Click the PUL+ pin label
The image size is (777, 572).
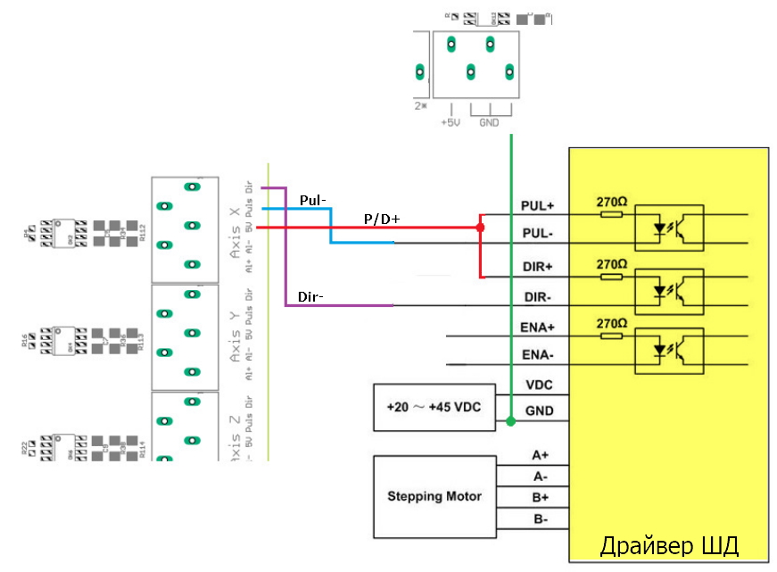pyautogui.click(x=537, y=206)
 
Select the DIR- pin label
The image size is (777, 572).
pyautogui.click(x=538, y=296)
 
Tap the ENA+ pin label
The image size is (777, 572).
pyautogui.click(x=538, y=328)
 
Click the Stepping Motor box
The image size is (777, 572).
pyautogui.click(x=434, y=497)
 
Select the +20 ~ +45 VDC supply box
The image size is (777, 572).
pyautogui.click(x=433, y=408)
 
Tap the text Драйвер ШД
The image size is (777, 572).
pyautogui.click(x=668, y=545)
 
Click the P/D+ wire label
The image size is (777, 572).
pyautogui.click(x=382, y=219)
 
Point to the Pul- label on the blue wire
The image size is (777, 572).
pyautogui.click(x=313, y=200)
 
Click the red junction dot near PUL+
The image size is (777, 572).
pyautogui.click(x=480, y=228)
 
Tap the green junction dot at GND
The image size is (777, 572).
pyautogui.click(x=510, y=419)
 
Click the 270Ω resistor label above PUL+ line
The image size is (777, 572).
pyautogui.click(x=611, y=202)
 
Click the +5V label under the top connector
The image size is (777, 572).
pyautogui.click(x=450, y=123)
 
